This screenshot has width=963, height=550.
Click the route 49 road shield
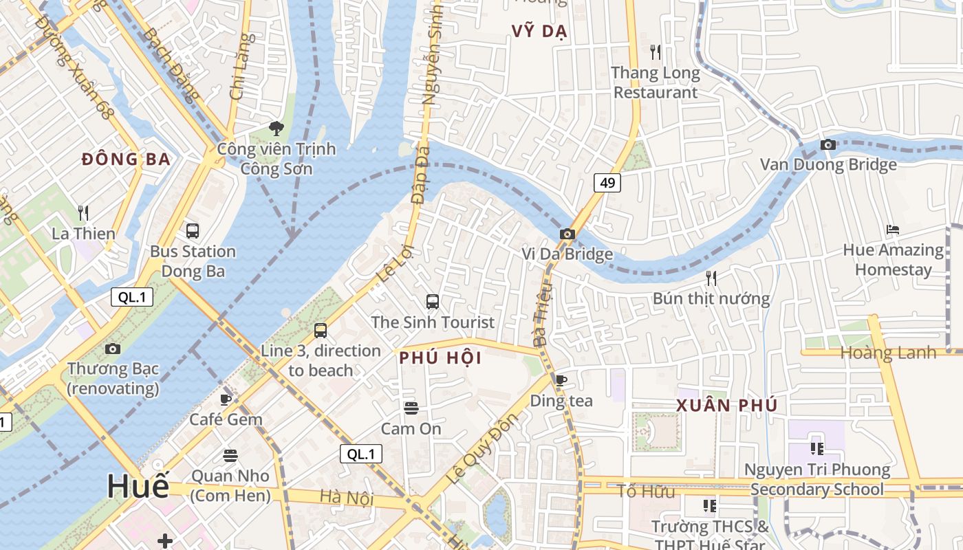607,182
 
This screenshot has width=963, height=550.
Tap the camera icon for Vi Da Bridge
567,234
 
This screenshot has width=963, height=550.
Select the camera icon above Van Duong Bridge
828,144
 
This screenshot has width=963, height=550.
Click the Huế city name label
138,487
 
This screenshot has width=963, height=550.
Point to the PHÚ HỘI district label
440,358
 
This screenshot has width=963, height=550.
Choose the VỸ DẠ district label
539,31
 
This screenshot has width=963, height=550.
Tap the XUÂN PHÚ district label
727,406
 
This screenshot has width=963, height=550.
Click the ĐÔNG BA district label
126,159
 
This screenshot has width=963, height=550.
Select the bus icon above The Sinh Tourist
433,301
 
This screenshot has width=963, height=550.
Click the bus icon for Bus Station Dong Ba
193,231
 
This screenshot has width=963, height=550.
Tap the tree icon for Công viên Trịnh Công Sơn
277,128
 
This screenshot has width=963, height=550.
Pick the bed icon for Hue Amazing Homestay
893,229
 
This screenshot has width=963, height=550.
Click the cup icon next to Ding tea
561,380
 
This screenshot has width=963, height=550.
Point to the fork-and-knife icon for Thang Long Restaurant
656,52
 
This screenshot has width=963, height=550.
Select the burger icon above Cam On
411,408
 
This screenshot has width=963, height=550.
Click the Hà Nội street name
347,497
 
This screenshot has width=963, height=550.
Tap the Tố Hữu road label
645,491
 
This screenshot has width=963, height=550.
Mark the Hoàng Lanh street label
889,353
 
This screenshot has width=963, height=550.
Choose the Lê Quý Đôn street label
481,449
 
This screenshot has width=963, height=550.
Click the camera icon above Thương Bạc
113,349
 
